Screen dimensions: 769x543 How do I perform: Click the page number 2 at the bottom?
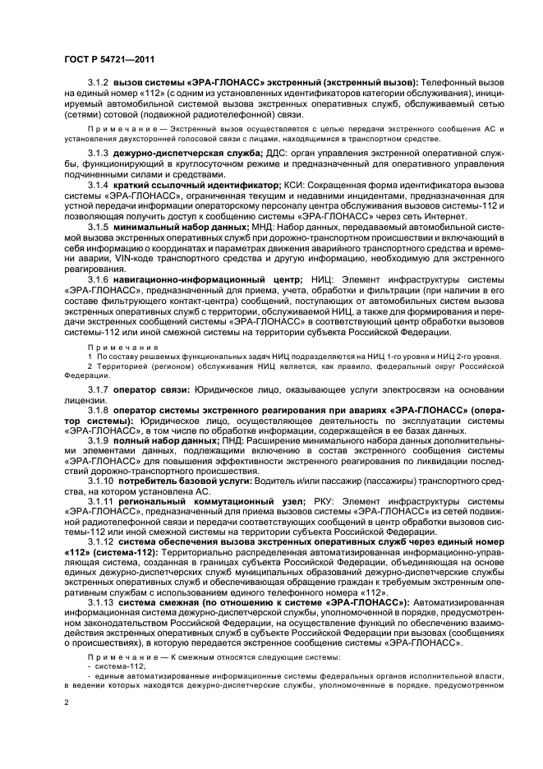67,703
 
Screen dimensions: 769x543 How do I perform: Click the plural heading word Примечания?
115,348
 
